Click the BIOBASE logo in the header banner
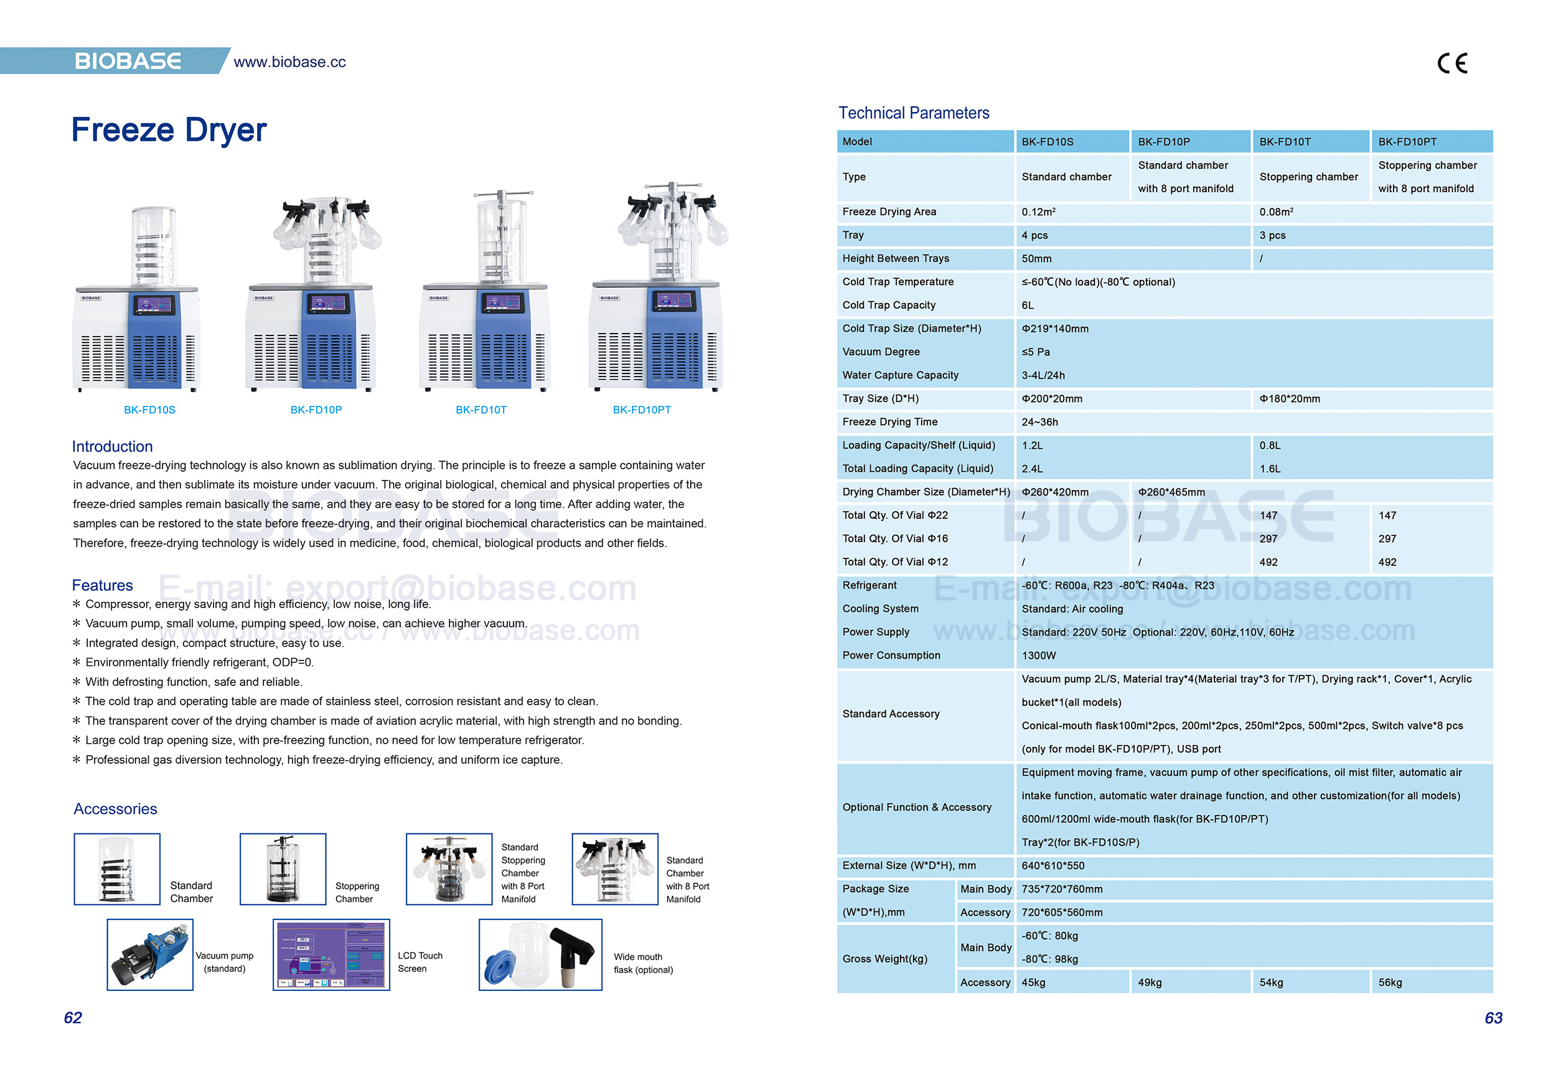tap(128, 62)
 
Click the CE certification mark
tap(1451, 63)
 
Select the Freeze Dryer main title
tap(169, 129)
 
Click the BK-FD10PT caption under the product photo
tap(641, 410)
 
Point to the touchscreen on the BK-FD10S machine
tap(154, 305)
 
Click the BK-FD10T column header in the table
tap(1284, 141)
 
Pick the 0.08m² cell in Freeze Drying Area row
tap(1275, 212)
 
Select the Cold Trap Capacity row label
tap(888, 305)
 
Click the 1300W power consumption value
tap(1038, 655)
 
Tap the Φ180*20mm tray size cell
tap(1289, 399)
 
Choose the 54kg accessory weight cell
tap(1270, 982)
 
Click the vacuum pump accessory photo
tap(149, 955)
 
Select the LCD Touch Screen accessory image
tap(331, 955)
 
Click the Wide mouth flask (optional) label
tap(642, 963)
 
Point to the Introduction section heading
tap(112, 446)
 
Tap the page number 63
tap(1493, 1018)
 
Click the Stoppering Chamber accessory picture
tap(283, 868)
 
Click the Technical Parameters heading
tap(913, 113)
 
